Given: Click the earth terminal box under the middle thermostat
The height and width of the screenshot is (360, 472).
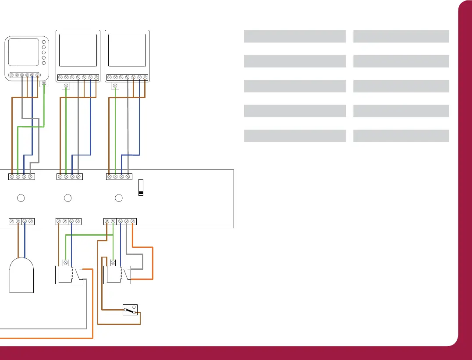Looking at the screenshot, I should [x=66, y=85].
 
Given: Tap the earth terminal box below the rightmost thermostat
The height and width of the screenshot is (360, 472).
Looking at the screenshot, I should [x=115, y=85].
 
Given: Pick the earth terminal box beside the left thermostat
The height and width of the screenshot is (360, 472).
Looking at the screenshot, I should [x=43, y=83].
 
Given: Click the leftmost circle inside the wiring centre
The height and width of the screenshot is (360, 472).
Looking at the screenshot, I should [x=20, y=198].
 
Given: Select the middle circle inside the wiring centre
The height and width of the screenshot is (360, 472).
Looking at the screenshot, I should [x=67, y=198].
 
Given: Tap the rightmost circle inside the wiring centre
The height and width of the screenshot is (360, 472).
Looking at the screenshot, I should [x=118, y=198].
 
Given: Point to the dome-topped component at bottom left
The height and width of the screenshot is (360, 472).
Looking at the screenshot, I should [x=21, y=275].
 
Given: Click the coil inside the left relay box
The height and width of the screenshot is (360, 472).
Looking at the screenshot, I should [x=71, y=275].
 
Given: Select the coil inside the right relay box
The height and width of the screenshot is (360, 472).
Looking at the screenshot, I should [x=119, y=275].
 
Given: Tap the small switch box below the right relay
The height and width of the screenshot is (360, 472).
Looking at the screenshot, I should [x=130, y=310].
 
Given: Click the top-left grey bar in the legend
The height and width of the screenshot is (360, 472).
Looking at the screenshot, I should [x=295, y=36].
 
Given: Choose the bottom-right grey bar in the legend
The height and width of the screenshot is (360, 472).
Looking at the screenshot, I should [x=401, y=136].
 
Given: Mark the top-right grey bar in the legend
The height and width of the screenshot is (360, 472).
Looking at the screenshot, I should [x=401, y=36].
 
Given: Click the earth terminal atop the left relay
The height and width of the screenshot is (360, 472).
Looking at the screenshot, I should [x=66, y=263].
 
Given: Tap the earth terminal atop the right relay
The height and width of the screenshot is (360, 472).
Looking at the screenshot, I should [x=113, y=263].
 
